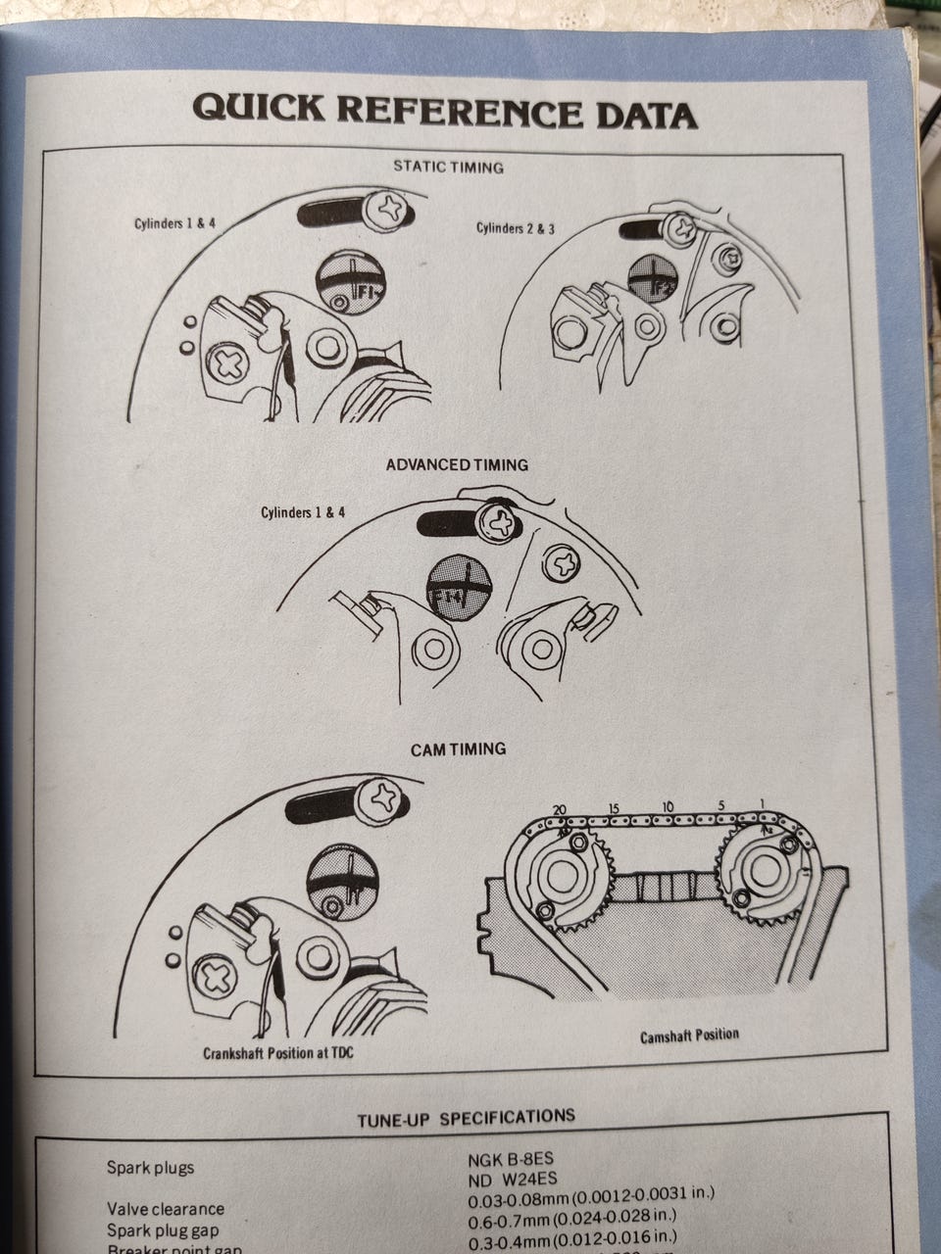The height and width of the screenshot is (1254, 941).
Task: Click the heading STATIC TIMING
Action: [448, 167]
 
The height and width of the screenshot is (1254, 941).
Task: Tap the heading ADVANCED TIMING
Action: [456, 464]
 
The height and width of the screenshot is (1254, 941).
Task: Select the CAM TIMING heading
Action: [458, 748]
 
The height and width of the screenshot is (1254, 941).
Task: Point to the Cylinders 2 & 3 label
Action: [516, 228]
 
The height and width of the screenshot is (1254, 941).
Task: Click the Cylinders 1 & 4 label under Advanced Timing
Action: [303, 512]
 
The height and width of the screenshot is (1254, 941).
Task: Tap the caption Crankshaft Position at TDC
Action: [278, 1054]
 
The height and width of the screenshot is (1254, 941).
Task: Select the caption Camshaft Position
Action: [690, 1036]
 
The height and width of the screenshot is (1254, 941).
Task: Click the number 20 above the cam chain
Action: [560, 808]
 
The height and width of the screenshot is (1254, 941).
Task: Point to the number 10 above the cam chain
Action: [669, 806]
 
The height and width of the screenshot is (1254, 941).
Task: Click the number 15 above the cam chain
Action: [614, 807]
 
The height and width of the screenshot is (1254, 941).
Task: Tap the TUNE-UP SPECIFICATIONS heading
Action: [466, 1117]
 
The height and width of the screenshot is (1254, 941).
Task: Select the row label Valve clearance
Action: [165, 1209]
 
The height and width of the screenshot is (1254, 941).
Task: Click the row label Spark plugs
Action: [150, 1167]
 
